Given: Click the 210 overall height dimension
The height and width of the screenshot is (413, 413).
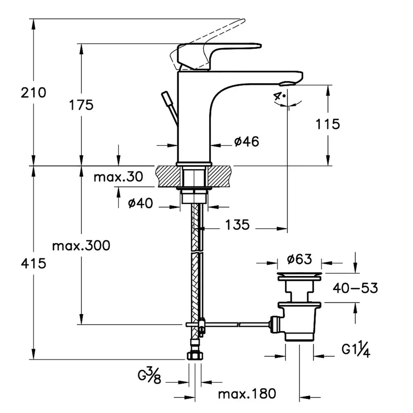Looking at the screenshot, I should click(x=34, y=93).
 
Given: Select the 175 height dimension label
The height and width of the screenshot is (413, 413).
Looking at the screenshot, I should click(x=81, y=105).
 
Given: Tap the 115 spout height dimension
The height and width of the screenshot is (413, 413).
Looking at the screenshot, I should click(x=328, y=123).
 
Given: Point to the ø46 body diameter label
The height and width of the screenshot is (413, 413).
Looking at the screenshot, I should click(x=247, y=142).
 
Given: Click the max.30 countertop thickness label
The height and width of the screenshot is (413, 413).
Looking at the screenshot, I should click(x=118, y=178).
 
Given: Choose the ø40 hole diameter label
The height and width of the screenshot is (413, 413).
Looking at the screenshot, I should click(x=140, y=203).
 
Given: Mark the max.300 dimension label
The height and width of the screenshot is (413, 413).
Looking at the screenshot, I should click(x=81, y=246).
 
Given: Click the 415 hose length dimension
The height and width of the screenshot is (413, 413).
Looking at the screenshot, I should click(x=34, y=263).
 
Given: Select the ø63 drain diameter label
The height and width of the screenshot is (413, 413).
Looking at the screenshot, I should click(x=299, y=259).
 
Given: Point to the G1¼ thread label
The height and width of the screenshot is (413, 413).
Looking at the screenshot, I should click(x=355, y=351).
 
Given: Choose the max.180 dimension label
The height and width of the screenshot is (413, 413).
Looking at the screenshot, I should click(x=247, y=393).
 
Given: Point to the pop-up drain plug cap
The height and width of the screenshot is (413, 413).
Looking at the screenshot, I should click(x=299, y=275).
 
